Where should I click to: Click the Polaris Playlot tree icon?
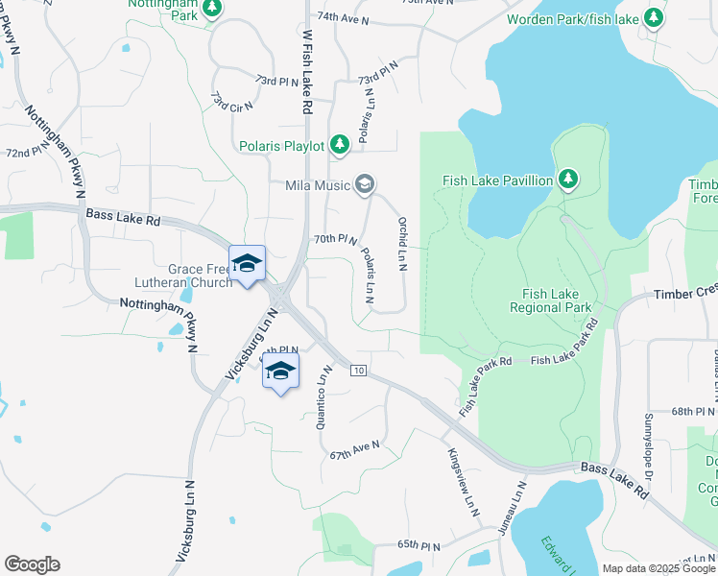pos(339,145)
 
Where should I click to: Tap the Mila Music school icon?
pos(364,183)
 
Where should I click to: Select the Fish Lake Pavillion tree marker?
pos(568,180)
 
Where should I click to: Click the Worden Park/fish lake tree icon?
pos(654,17)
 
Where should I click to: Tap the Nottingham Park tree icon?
pos(213,9)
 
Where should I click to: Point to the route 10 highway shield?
pos(358,371)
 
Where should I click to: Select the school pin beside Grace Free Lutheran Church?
pos(247,264)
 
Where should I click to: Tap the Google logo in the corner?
pos(32,564)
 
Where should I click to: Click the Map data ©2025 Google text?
pos(658,568)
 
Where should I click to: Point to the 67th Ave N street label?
pos(354,448)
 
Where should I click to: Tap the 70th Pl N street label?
pos(336,239)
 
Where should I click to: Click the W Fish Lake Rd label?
pos(308,72)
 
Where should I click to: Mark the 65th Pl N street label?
pos(419,546)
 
